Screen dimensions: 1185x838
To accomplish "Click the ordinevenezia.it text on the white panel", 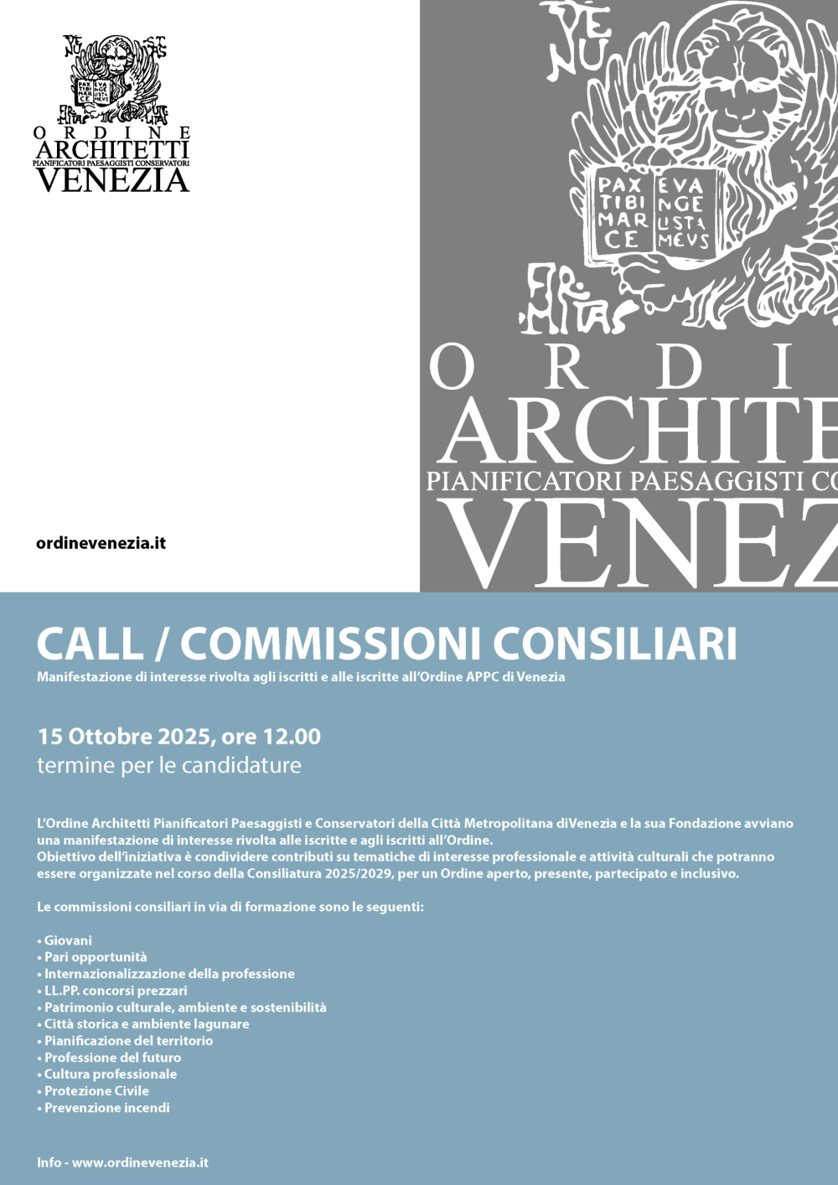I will click(x=101, y=543).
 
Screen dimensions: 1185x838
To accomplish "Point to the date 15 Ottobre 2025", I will click(x=124, y=737).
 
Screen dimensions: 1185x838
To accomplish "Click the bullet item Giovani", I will click(x=68, y=940).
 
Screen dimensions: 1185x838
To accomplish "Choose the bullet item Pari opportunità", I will click(x=95, y=957).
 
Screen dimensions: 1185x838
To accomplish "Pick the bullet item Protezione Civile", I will click(x=96, y=1090).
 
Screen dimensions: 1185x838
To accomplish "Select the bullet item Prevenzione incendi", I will click(x=106, y=1107).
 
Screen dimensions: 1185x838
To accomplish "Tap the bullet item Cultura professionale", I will click(x=110, y=1074).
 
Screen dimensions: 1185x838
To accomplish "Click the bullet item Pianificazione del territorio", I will click(x=128, y=1041).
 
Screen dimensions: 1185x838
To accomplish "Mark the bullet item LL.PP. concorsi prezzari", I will click(x=116, y=991).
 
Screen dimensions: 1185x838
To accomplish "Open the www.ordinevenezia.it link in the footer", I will click(x=140, y=1162).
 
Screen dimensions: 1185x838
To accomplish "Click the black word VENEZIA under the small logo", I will click(x=112, y=179).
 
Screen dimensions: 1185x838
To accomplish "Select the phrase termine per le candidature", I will click(x=168, y=765).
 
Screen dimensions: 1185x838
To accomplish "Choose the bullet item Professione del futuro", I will click(x=112, y=1058).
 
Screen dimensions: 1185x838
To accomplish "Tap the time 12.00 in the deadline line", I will click(x=292, y=737).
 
